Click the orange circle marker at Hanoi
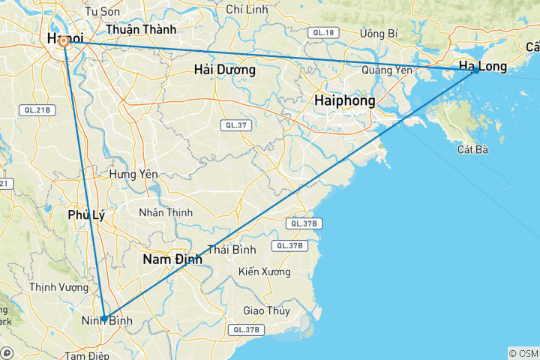click(x=64, y=42)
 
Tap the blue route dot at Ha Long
click(x=475, y=70)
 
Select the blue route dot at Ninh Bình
click(x=103, y=319)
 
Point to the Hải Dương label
click(x=224, y=70)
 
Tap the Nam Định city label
click(x=172, y=259)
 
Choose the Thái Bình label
click(x=232, y=249)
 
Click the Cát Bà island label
click(x=472, y=149)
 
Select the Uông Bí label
click(x=379, y=33)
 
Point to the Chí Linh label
click(x=245, y=9)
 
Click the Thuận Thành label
click(x=141, y=29)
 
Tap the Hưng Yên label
click(x=133, y=173)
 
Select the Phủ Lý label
click(x=86, y=214)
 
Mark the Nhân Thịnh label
click(x=166, y=212)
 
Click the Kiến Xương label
click(x=263, y=271)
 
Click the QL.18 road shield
click(x=323, y=32)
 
